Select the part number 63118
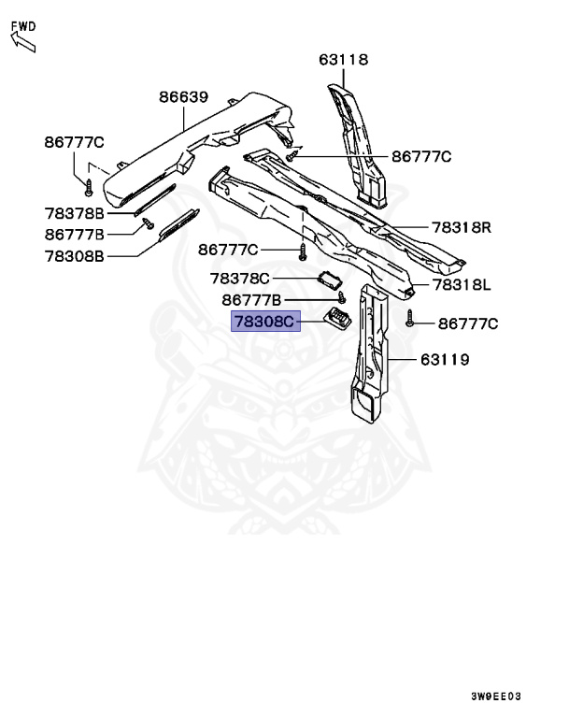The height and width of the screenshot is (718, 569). [x=343, y=60]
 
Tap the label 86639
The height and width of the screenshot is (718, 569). [x=183, y=96]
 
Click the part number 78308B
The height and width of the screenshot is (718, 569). [x=74, y=255]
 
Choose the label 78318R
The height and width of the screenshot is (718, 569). [x=462, y=227]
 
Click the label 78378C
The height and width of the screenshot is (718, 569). [x=239, y=279]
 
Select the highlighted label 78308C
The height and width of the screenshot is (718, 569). [x=264, y=323]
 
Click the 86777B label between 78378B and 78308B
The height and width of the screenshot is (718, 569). [x=74, y=235]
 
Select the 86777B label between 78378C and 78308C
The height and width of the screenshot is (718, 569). [x=251, y=300]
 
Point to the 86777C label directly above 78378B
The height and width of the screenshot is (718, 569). [x=74, y=142]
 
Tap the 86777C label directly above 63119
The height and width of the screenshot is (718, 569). [x=468, y=324]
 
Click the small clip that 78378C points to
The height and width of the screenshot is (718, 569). [x=329, y=278]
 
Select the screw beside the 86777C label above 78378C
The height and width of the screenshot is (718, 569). [x=302, y=251]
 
